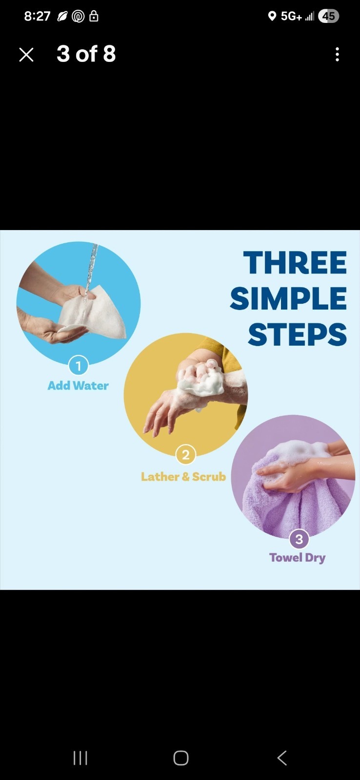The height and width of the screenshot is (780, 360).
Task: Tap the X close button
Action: (26, 55)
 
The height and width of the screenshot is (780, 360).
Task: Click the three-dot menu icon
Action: (337, 55)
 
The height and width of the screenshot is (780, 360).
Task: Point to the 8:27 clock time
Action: (37, 16)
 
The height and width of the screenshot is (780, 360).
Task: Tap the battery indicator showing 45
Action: (328, 16)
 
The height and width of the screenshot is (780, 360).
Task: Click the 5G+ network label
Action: (291, 16)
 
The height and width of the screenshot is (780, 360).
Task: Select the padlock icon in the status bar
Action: (94, 16)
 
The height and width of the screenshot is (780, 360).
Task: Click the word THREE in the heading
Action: (295, 262)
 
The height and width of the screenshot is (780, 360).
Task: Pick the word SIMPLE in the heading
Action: (288, 298)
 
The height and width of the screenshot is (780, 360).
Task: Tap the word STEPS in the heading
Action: (297, 334)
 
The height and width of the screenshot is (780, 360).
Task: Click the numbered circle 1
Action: (79, 366)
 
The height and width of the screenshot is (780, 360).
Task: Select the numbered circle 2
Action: (186, 455)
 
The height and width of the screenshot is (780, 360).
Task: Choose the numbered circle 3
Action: (299, 539)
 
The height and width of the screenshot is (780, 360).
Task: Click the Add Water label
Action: (78, 386)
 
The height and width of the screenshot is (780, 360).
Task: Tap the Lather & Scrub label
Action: (183, 477)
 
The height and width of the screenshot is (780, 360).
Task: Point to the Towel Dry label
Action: (297, 558)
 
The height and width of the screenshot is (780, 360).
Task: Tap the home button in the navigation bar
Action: (181, 758)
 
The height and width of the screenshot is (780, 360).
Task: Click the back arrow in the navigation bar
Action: (282, 758)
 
